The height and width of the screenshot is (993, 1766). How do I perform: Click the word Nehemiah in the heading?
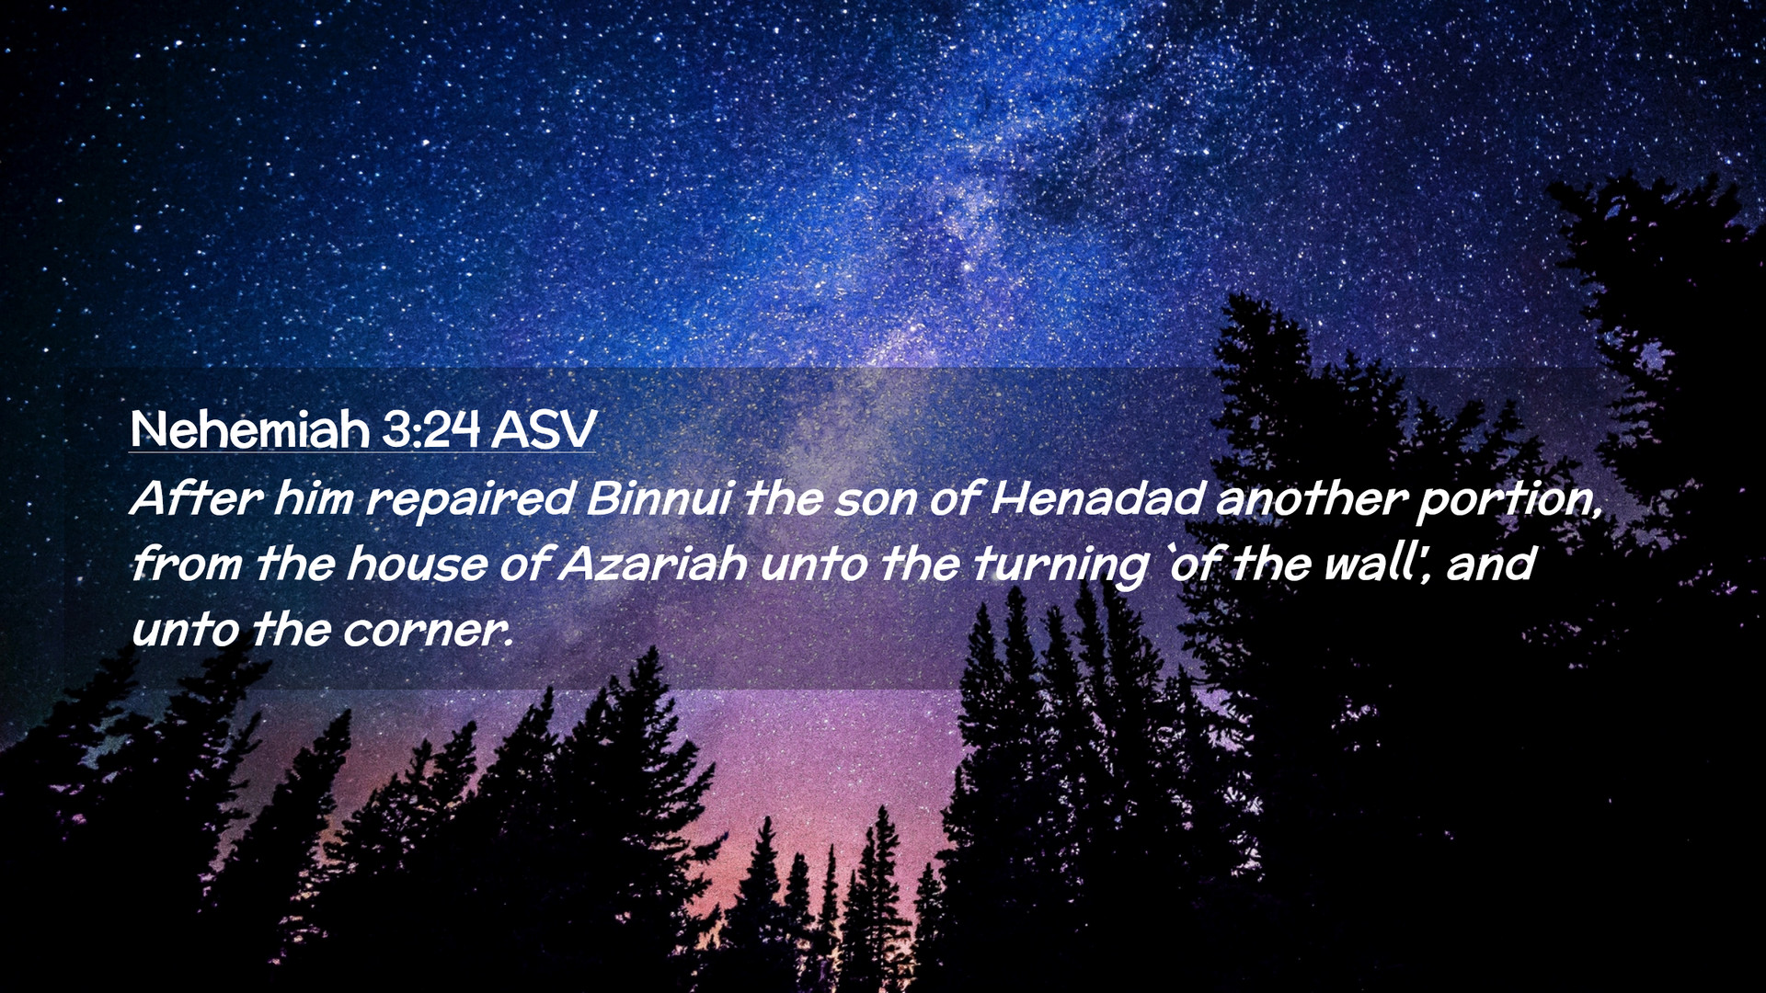pyautogui.click(x=249, y=429)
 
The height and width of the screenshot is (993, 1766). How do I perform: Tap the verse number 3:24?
pyautogui.click(x=430, y=429)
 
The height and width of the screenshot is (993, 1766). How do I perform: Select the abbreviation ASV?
pyautogui.click(x=544, y=429)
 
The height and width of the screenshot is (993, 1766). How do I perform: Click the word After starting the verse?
pyautogui.click(x=197, y=498)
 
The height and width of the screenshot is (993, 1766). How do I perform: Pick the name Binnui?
pyautogui.click(x=659, y=498)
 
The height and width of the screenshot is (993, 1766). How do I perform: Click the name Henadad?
pyautogui.click(x=1098, y=498)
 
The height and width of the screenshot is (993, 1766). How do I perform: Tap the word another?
pyautogui.click(x=1312, y=498)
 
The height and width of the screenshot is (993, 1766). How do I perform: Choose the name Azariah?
pyautogui.click(x=653, y=564)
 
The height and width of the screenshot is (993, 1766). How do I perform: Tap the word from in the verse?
pyautogui.click(x=187, y=564)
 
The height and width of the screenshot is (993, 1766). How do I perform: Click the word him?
pyautogui.click(x=314, y=498)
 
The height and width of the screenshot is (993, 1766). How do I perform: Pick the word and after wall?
pyautogui.click(x=1491, y=564)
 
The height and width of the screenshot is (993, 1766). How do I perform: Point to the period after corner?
pyautogui.click(x=509, y=644)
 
